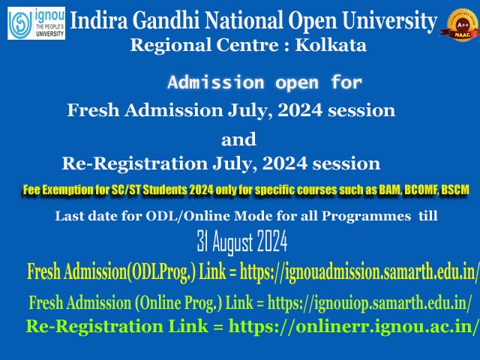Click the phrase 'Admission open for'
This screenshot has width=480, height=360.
(x=265, y=82)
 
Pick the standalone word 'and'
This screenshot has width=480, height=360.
(x=238, y=139)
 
